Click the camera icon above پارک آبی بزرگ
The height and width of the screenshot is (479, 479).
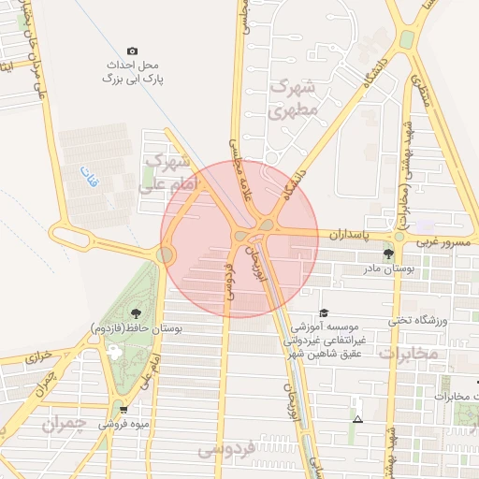(x=132, y=51)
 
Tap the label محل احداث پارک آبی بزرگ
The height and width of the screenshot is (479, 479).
(x=132, y=73)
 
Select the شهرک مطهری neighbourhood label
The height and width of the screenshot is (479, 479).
(x=294, y=97)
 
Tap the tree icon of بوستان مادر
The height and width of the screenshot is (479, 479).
(x=388, y=254)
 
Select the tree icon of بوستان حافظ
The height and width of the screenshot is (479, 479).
(x=137, y=313)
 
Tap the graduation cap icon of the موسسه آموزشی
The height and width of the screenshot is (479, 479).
(x=324, y=313)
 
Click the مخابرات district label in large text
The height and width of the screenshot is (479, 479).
(x=409, y=354)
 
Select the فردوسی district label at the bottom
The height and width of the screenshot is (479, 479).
(x=227, y=451)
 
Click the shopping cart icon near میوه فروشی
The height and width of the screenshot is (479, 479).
(x=123, y=409)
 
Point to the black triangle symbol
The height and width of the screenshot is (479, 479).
(x=356, y=418)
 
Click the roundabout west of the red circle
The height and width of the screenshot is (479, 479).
(x=166, y=254)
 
